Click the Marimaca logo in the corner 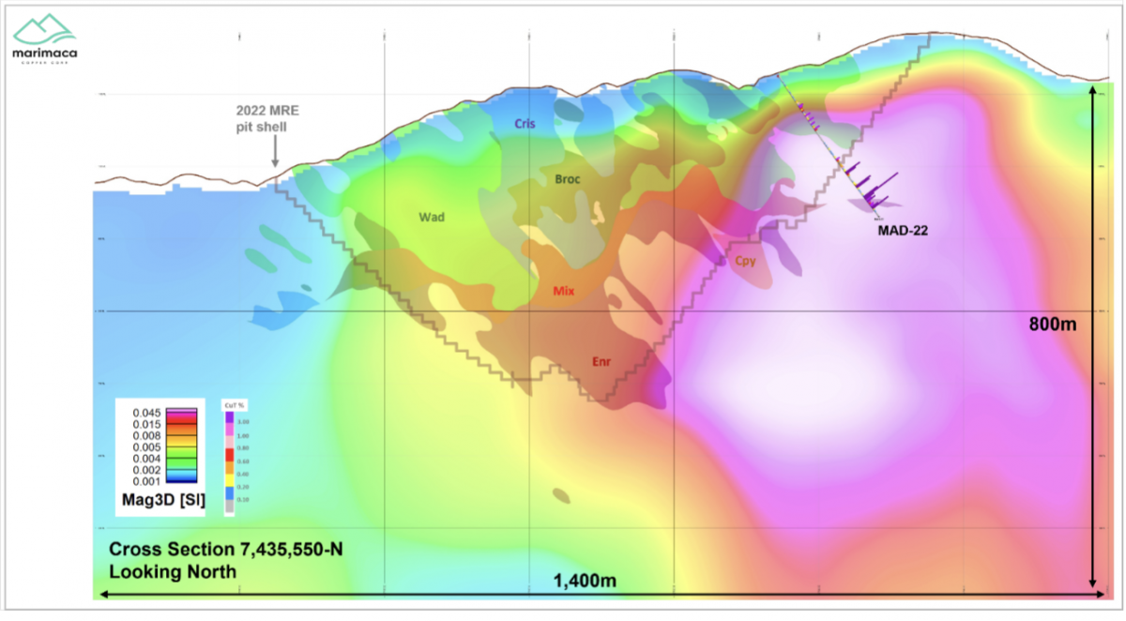coord(44,40)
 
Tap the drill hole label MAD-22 coord(903,230)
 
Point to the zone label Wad coord(432,218)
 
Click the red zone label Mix coord(564,292)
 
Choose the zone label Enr coord(602,361)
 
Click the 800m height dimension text coord(1049,325)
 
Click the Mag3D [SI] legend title coord(164,499)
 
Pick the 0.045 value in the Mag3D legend coord(148,413)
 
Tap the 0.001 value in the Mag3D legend coord(148,481)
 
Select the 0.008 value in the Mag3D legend coord(148,435)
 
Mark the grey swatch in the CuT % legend coord(227,507)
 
